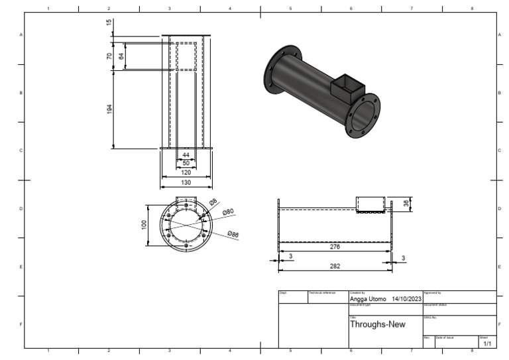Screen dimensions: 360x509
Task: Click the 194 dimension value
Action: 109,109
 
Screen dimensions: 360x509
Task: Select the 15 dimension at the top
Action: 109,23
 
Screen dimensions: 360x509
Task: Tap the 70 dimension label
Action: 109,56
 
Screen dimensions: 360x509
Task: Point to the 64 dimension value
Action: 121,56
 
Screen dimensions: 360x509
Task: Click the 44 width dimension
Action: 186,154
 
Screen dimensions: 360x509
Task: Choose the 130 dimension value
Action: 186,182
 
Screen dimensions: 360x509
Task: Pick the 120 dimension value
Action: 186,172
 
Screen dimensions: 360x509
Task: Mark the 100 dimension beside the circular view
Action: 144,225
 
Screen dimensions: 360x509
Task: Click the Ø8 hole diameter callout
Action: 213,202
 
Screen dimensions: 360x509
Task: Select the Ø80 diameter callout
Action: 228,212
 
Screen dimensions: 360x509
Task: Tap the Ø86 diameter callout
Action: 233,234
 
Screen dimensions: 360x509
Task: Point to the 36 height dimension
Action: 406,204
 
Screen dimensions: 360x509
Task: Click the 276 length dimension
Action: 335,247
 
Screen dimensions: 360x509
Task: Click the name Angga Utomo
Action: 367,299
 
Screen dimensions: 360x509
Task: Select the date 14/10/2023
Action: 407,299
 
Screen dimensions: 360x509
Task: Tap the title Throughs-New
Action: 375,325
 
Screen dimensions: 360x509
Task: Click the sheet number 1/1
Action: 487,344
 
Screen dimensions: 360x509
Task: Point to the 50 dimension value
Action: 186,162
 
